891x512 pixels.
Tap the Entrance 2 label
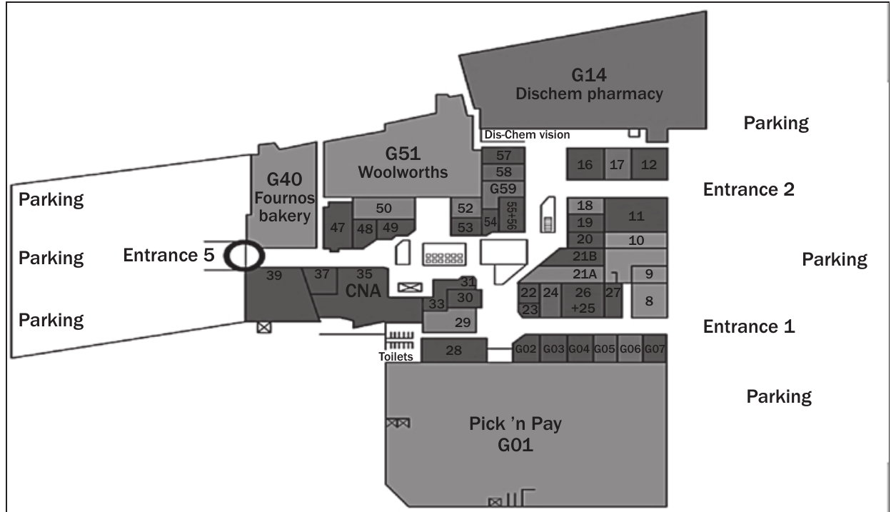point(749,189)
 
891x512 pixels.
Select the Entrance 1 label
point(749,326)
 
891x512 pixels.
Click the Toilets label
point(396,356)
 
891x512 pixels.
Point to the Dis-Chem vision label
point(527,134)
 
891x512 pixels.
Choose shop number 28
point(454,350)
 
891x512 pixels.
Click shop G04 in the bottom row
point(579,349)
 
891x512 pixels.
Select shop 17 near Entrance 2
point(617,164)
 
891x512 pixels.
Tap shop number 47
point(337,227)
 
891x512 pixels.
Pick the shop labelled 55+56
point(511,215)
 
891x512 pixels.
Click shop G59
point(503,189)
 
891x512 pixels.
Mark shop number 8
point(649,301)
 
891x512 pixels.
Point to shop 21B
point(585,256)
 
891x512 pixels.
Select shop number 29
point(463,322)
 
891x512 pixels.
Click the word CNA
point(363,291)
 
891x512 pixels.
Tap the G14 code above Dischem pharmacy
point(589,75)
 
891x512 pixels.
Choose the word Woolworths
point(403,172)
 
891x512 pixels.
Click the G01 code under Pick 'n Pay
point(515,445)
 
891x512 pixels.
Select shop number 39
point(274,276)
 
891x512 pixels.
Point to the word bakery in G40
point(284,216)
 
